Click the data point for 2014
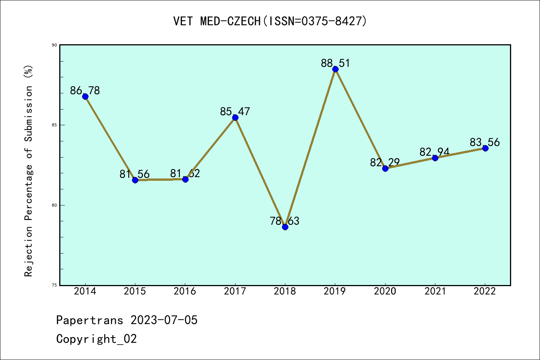pos(85,96)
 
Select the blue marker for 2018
pos(285,227)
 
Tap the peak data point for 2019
pos(335,69)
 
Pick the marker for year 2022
pos(485,148)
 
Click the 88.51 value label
pos(335,63)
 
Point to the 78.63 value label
pos(285,221)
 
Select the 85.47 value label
pos(235,111)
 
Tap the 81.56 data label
pos(135,174)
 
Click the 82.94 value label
pos(435,152)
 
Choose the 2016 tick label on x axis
pos(185,291)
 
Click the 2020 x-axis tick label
pos(385,291)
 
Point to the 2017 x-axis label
pos(235,291)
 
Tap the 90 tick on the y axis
pos(54,45)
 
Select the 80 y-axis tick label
pos(54,205)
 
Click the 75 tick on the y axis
pos(54,285)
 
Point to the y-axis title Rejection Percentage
pos(29,171)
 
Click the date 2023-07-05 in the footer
pos(164,320)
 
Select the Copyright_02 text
pos(96,339)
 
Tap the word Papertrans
pos(90,320)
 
